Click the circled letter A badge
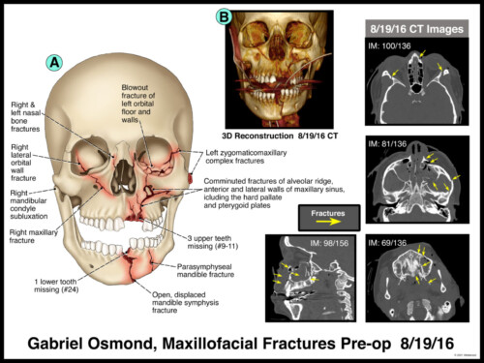click(x=55, y=63)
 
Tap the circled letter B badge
click(x=225, y=16)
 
